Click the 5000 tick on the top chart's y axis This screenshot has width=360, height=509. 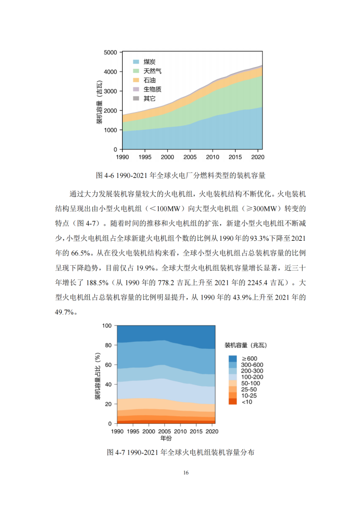click(x=111, y=52)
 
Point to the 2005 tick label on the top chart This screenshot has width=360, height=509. click(x=190, y=157)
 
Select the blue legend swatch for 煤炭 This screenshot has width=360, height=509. click(x=136, y=62)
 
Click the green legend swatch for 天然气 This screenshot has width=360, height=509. click(x=136, y=71)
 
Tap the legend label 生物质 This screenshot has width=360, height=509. click(x=152, y=89)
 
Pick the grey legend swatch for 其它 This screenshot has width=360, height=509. click(x=136, y=98)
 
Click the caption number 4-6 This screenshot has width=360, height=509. click(x=109, y=175)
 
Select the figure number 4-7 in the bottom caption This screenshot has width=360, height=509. click(x=120, y=452)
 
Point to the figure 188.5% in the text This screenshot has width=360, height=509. click(x=97, y=283)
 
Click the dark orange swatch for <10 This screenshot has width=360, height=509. click(x=233, y=402)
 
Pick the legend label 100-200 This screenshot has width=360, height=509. click(x=252, y=377)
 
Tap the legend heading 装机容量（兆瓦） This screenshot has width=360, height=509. click(x=246, y=345)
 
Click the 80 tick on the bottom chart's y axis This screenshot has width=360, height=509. click(x=108, y=345)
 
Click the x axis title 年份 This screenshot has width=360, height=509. click(x=166, y=438)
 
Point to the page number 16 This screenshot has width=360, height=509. click(x=186, y=472)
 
